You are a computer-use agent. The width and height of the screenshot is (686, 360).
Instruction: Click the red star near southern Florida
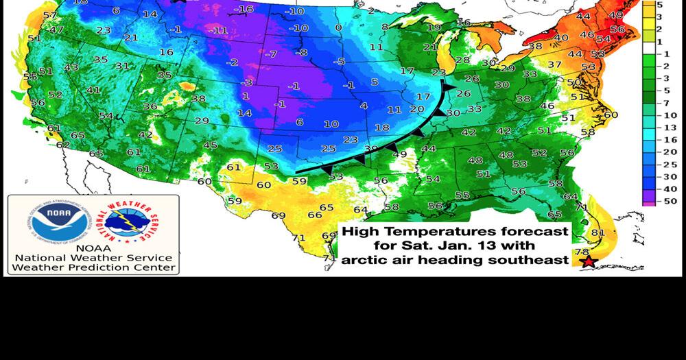(x=587, y=262)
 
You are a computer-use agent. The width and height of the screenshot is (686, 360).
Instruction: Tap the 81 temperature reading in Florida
(x=598, y=232)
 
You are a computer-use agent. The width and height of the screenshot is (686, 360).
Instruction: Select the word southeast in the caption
(x=537, y=259)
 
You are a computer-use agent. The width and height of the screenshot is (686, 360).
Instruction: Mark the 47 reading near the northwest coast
(x=56, y=30)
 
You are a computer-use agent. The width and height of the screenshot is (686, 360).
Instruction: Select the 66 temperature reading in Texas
(x=314, y=215)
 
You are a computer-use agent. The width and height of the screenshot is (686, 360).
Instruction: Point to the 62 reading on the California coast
(x=62, y=145)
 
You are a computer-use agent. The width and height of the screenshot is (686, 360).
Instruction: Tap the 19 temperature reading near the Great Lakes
(x=433, y=27)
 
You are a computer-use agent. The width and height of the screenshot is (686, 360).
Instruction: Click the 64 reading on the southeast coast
(x=570, y=196)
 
